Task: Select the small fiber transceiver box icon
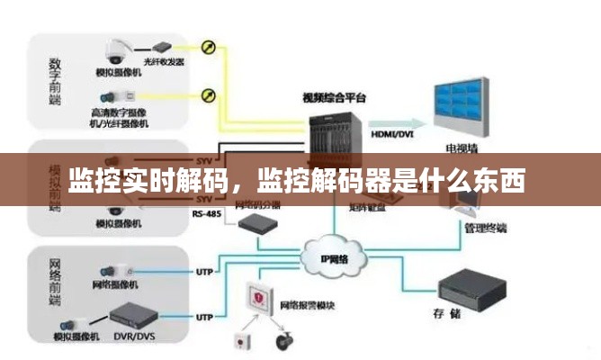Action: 162,45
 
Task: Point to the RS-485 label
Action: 205,213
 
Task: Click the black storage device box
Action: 473,285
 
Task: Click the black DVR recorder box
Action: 132,318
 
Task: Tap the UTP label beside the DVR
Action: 204,318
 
